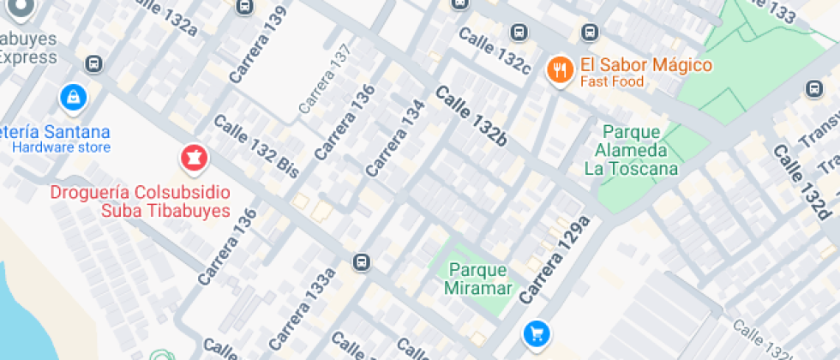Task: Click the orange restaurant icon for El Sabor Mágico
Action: coord(560,70)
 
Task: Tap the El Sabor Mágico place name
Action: coord(645,65)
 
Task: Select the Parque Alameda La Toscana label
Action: coord(631,150)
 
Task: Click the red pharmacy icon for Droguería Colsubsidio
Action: coord(193,159)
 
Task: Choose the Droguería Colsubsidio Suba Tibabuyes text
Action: coord(140,201)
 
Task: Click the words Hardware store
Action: coord(61,147)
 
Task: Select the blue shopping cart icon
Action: coord(537,333)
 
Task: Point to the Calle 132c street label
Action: coord(495,49)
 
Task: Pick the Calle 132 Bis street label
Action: coord(255,146)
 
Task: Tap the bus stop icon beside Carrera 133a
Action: coord(363,261)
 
